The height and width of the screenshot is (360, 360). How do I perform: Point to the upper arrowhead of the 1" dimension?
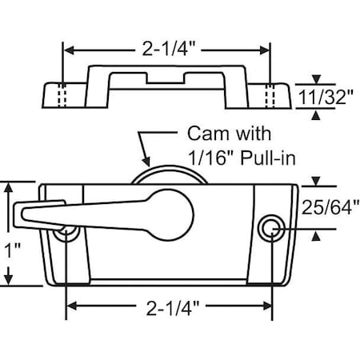(10, 186)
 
